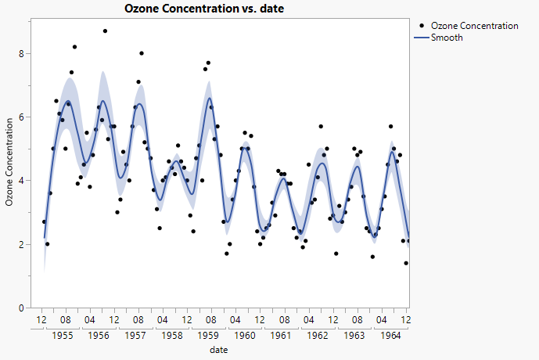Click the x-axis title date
click(x=219, y=350)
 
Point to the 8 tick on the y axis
click(x=23, y=53)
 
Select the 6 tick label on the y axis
click(x=23, y=117)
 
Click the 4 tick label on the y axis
click(x=23, y=181)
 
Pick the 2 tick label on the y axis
click(x=23, y=244)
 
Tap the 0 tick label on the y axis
click(x=23, y=308)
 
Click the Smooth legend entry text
click(x=447, y=37)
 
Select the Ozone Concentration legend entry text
click(x=474, y=26)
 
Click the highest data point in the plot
click(x=105, y=31)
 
